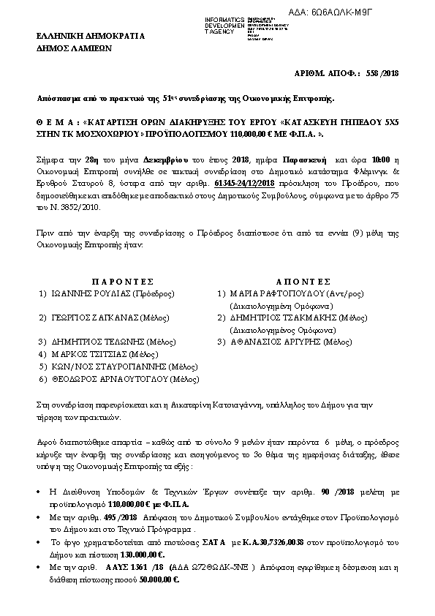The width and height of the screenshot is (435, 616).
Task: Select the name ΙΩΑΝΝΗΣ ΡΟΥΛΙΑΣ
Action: (x=91, y=293)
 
